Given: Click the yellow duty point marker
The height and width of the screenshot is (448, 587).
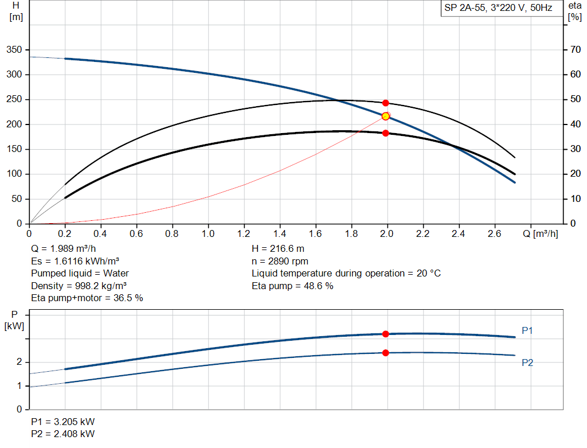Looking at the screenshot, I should pos(386,116).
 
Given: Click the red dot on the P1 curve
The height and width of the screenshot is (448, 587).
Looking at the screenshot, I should pos(386,334).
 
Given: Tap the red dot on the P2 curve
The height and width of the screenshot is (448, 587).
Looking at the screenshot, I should pos(386,353).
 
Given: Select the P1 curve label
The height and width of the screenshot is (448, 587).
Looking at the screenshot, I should pos(527,330).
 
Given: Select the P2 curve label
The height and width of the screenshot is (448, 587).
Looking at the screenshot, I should pos(527,363).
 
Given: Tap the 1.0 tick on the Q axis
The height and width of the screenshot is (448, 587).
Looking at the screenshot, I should pos(208,234).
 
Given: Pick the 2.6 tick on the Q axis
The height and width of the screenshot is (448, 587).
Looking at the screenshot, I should pos(494,234).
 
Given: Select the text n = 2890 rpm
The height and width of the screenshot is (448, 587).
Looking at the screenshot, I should pos(280,262).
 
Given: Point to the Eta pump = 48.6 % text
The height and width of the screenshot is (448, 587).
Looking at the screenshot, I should pos(292,286).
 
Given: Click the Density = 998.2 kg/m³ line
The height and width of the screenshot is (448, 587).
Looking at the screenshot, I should pos(79,286).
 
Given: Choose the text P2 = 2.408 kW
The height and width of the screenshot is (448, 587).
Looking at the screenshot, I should pos(63,434).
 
